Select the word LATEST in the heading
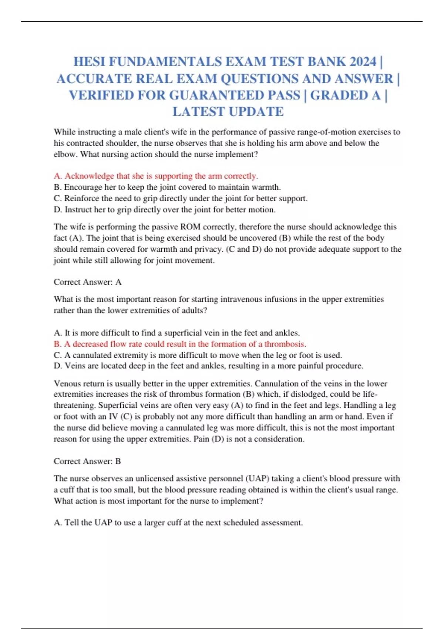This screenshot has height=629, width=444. point(198,112)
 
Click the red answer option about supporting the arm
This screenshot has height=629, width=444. point(156,176)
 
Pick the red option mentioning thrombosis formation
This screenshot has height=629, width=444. point(180,344)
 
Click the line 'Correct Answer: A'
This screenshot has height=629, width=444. point(88,282)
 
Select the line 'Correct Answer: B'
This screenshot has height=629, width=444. point(87,461)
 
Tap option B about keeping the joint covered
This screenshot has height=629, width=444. point(167,187)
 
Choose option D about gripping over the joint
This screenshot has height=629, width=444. point(165,210)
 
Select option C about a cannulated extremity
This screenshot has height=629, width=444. point(198,355)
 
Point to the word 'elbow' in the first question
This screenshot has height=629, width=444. point(64,154)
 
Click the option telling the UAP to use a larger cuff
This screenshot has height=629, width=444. point(178,523)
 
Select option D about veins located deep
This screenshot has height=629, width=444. point(208,366)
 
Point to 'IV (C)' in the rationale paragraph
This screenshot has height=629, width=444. point(120,417)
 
